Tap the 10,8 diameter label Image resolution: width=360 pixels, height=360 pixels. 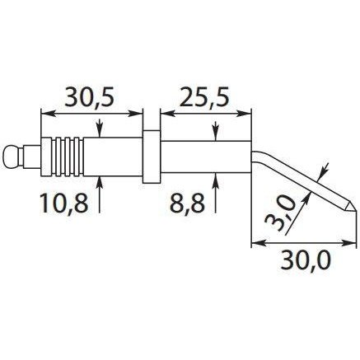point(63,203)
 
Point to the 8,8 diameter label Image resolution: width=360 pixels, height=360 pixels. point(188,203)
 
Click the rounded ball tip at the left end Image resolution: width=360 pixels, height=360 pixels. point(11,157)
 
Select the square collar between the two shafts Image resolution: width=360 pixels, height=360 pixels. point(152,157)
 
